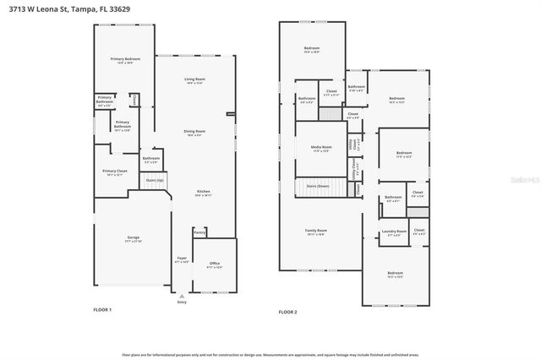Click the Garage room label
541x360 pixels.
point(134,239)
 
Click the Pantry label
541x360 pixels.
point(199,232)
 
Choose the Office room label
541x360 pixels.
point(215,265)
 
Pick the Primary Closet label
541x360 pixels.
point(115,172)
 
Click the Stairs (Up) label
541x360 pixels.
point(154,180)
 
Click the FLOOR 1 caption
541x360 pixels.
point(102,310)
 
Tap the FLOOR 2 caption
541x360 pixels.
point(288,312)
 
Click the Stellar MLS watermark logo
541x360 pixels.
point(523,179)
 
